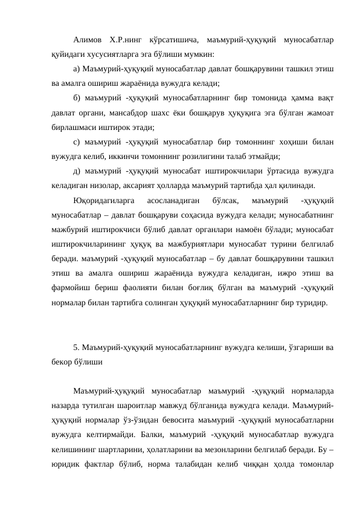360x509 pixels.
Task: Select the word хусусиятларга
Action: tap(101, 54)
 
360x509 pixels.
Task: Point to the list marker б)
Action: tap(76, 99)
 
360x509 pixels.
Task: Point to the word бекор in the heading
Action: tap(63, 363)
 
